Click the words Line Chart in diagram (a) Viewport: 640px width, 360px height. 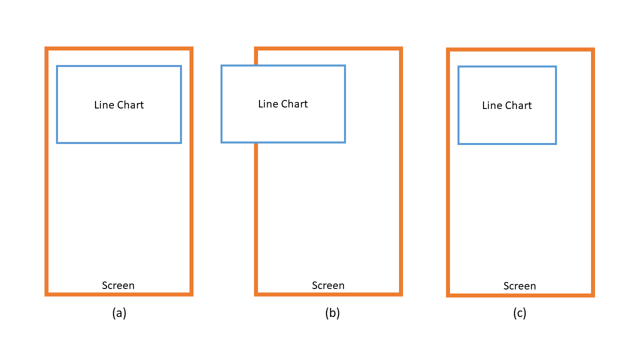119,105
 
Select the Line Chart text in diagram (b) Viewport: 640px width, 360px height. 283,104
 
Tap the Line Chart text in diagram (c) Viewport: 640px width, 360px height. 507,105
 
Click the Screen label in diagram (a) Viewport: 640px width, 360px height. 118,285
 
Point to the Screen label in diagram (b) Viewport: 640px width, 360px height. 328,285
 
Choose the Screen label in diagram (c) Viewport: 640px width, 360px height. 519,286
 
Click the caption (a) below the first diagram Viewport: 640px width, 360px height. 119,313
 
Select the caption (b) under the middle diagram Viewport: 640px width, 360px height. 332,313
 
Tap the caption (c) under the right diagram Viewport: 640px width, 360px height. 519,313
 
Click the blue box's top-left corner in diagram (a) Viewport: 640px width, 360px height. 57,66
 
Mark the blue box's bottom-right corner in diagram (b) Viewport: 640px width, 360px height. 345,142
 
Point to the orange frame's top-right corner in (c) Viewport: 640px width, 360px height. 592,50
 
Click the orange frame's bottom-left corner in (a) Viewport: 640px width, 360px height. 46,294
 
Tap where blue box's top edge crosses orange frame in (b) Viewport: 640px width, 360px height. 256,65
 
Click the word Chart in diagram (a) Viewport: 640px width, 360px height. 130,105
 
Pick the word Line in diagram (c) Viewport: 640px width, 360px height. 490,105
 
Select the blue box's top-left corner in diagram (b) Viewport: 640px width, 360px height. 221,65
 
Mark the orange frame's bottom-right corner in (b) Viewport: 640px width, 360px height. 401,294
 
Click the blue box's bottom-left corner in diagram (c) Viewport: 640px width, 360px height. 458,144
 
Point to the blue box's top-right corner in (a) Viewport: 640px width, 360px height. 181,66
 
